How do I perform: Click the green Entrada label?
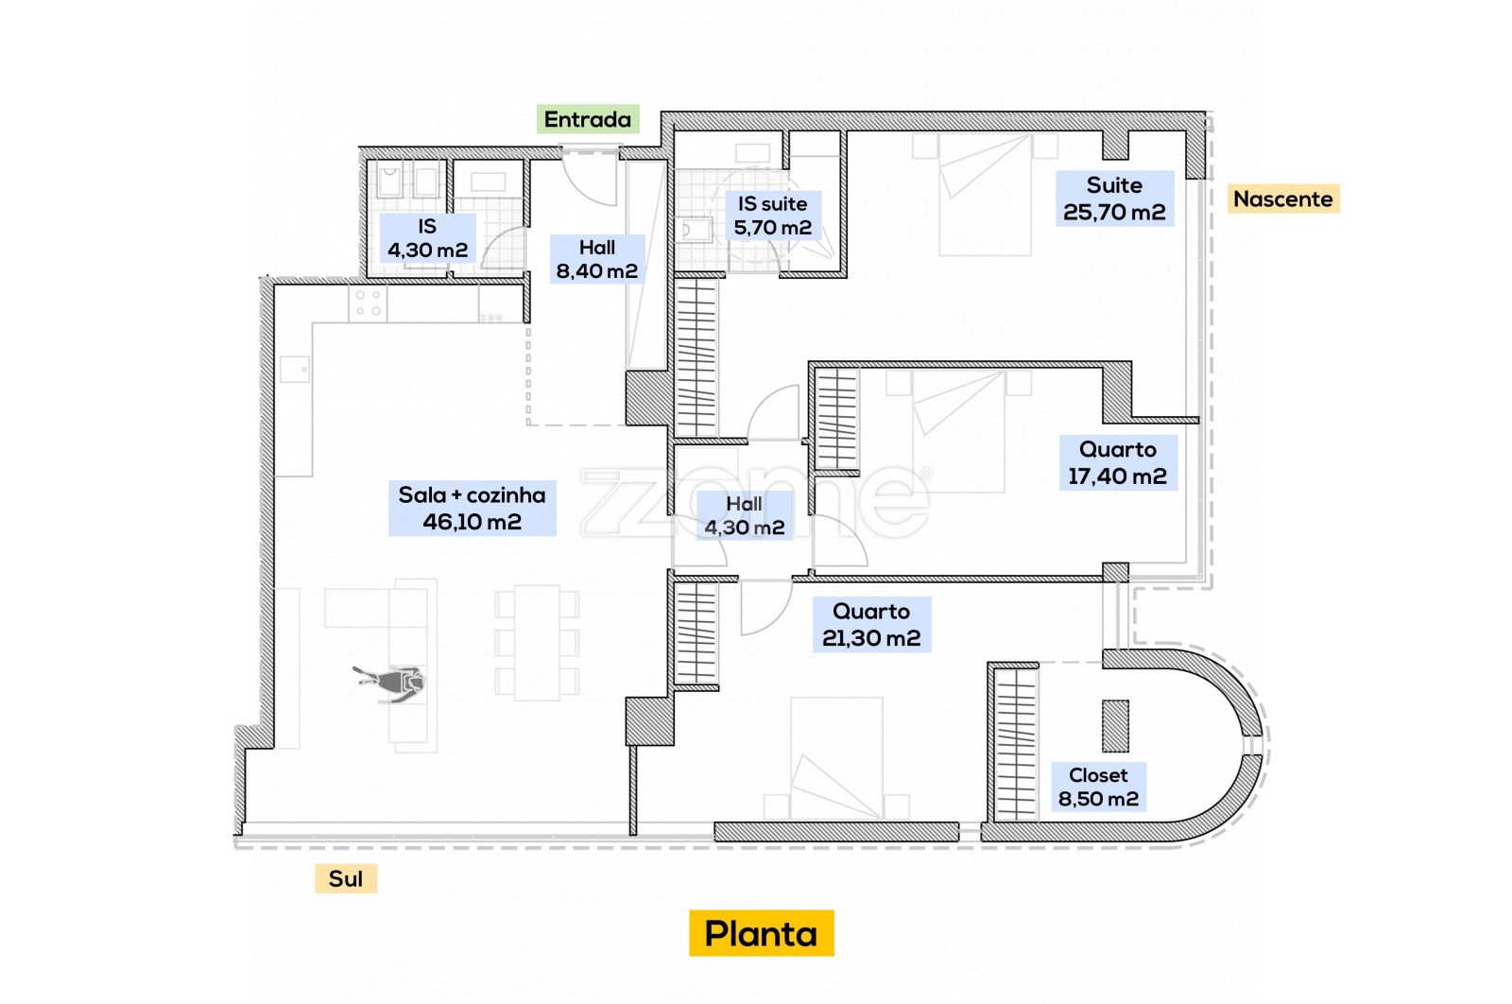[588, 119]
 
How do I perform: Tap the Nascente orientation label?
[1283, 199]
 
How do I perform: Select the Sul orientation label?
[346, 878]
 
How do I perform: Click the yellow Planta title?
[761, 933]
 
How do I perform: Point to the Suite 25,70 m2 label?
[1114, 199]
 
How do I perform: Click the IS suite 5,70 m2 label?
[772, 216]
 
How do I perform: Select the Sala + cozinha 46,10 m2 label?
[472, 508]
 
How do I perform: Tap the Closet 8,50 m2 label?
[1098, 787]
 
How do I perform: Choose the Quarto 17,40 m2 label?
[1118, 462]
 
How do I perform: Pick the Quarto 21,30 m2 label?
[871, 624]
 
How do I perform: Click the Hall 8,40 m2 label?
[596, 259]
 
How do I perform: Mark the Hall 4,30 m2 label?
[745, 515]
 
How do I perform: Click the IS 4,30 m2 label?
[427, 238]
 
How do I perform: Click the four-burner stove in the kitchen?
[368, 303]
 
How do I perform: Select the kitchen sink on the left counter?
[295, 369]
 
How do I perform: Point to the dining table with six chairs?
[537, 642]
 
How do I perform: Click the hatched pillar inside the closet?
[1115, 726]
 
